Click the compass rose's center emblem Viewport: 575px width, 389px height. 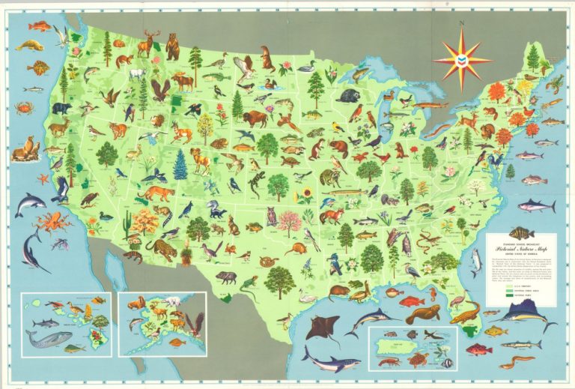click(x=462, y=55)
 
